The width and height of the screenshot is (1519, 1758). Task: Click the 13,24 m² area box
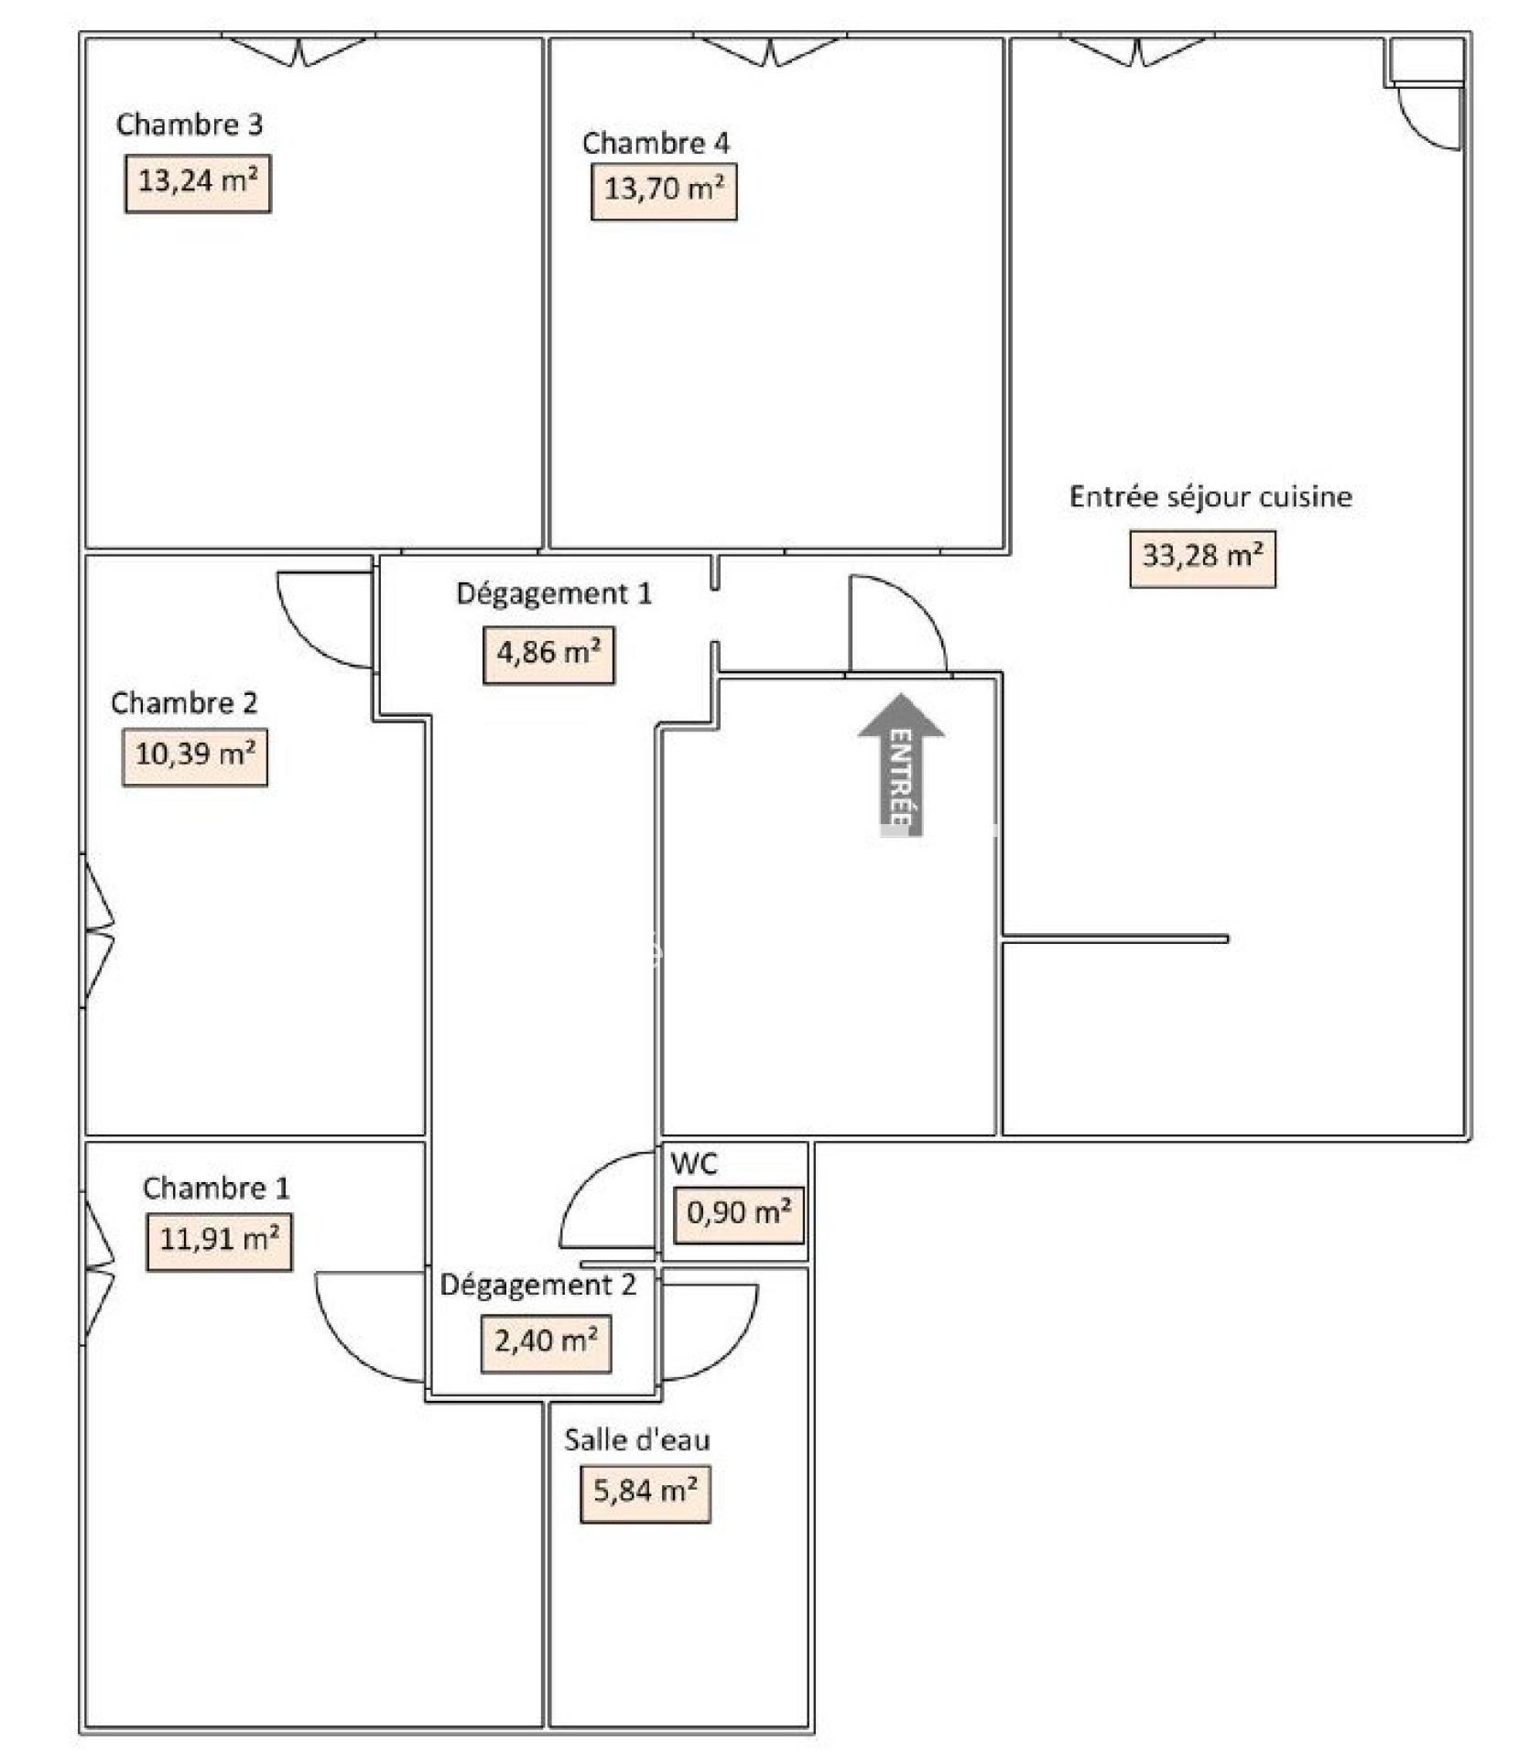coord(198,183)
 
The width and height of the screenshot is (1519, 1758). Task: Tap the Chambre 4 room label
coord(656,143)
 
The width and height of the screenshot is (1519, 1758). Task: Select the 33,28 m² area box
coord(1202,559)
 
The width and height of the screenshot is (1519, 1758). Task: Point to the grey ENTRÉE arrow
coord(901,765)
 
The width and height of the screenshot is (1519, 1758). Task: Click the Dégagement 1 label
coord(554,593)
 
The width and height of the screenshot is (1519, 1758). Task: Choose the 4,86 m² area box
coord(548,655)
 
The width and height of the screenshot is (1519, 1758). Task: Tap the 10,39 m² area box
coord(195,756)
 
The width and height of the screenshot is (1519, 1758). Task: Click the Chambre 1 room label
coord(216,1188)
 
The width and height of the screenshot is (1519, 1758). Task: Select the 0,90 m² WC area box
coord(739,1215)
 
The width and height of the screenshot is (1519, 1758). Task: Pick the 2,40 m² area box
coord(546,1343)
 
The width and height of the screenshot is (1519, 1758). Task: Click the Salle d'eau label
coord(637,1439)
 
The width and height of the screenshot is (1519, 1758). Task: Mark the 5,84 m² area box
coord(646,1493)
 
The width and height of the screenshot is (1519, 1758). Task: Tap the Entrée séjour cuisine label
coord(1210,496)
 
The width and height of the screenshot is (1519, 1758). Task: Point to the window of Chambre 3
coord(298,50)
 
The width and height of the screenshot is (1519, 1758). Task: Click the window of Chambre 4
coord(771,50)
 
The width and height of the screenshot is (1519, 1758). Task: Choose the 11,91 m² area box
coord(219,1242)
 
